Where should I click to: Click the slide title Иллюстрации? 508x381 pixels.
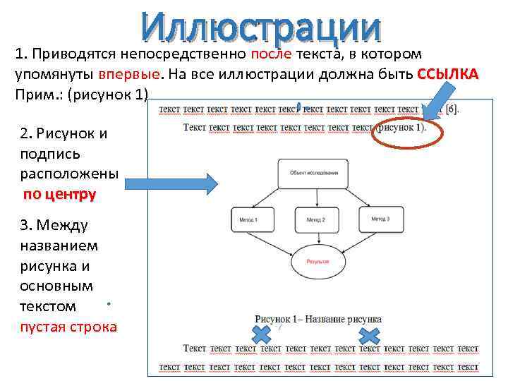coord(260,28)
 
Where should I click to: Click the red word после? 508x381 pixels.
coord(269,54)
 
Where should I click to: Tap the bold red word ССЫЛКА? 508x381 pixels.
coord(447,75)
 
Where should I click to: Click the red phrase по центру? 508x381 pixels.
coord(59,195)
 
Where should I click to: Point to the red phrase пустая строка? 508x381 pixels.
coord(69,327)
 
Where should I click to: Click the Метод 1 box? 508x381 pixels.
coord(252,220)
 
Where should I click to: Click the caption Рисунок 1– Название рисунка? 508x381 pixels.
coord(318,319)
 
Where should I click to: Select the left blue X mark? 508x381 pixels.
coord(262,333)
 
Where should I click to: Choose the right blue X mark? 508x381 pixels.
coord(369,334)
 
